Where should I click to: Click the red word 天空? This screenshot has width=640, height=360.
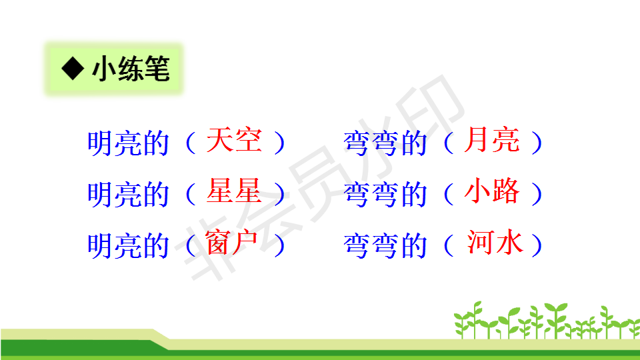234,140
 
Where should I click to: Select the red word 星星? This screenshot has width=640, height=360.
234,191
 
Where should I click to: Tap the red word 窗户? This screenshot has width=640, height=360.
231,242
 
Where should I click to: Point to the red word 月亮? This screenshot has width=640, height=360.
492,140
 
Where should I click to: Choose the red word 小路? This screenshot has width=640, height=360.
492,191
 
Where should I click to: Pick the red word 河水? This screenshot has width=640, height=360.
495,242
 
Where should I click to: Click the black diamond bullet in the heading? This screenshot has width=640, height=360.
73,68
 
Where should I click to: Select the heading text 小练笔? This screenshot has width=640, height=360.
131,69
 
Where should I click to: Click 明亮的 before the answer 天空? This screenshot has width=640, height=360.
128,143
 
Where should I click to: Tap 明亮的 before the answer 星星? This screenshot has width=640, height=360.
128,194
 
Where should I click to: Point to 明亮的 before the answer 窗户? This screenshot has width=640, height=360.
128,246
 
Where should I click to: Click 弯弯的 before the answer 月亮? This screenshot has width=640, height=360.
385,143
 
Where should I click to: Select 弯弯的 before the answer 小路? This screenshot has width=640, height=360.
385,194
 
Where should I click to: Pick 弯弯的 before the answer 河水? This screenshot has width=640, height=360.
385,246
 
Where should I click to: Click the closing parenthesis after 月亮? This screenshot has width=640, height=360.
537,143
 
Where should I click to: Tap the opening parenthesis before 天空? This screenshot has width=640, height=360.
190,143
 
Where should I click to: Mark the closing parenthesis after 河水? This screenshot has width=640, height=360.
537,245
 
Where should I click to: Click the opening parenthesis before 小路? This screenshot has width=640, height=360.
448,193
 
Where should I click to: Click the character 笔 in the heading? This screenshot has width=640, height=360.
157,69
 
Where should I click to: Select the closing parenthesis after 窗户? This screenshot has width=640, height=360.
279,245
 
